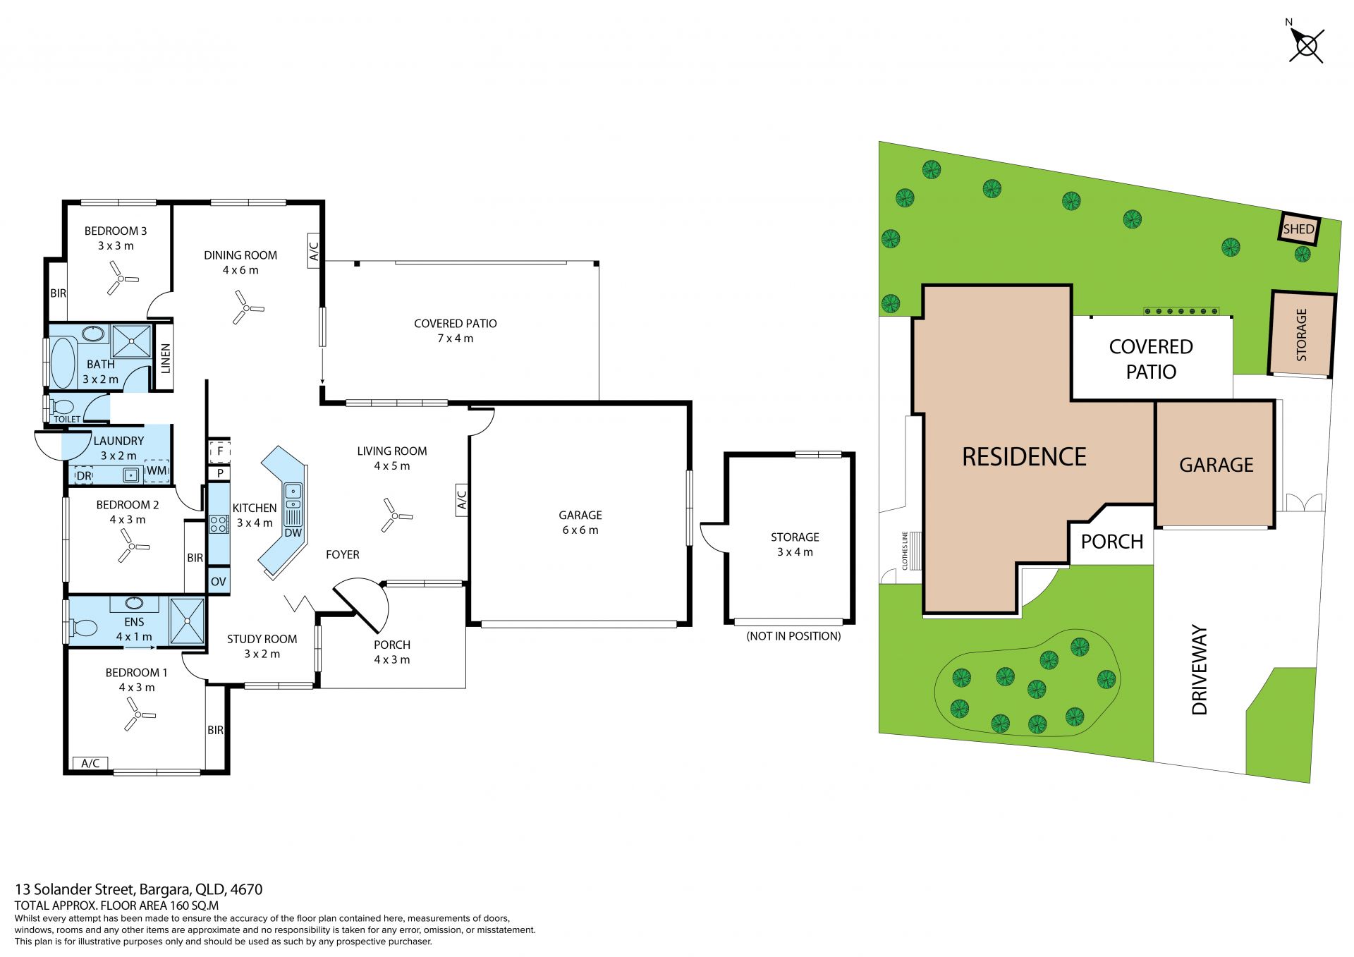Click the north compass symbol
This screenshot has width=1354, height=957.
(1306, 44)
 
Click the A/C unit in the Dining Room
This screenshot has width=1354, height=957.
(315, 250)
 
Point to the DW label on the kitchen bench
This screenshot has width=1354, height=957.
(293, 532)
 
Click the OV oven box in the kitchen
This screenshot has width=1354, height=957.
(219, 581)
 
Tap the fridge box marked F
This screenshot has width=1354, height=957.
(219, 451)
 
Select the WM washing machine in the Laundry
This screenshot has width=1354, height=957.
(157, 471)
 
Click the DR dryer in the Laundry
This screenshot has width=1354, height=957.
(84, 476)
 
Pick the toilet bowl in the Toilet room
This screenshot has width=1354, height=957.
(62, 407)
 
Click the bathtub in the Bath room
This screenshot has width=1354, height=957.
(62, 362)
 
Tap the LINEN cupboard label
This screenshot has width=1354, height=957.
(166, 358)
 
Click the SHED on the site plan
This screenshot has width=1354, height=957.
(1299, 229)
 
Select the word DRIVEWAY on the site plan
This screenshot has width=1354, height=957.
(1200, 669)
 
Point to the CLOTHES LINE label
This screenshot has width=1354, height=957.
(905, 551)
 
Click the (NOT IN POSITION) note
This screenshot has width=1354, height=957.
(793, 636)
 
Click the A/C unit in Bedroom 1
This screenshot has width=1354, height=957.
(90, 763)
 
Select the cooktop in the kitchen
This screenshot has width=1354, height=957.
(219, 524)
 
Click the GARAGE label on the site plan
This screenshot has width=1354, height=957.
(1216, 465)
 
